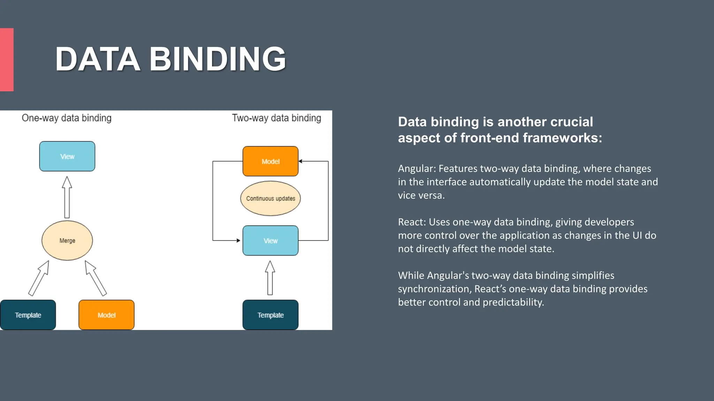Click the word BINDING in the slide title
click(218, 59)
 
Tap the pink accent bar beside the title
click(7, 60)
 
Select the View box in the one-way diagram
click(67, 156)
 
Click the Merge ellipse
click(67, 241)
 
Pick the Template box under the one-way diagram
click(28, 315)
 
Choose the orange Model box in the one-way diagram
click(106, 315)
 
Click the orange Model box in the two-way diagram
click(271, 161)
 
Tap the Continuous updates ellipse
click(271, 198)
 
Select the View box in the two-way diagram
click(271, 241)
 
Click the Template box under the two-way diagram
click(271, 315)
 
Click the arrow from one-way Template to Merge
click(39, 278)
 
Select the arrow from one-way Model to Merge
click(96, 278)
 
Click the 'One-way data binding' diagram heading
click(67, 118)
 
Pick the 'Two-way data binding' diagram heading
click(276, 118)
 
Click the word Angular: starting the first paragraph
click(417, 168)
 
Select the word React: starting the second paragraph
click(412, 222)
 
